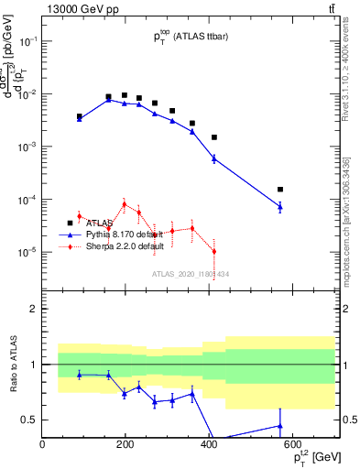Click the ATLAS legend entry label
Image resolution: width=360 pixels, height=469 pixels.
(100, 223)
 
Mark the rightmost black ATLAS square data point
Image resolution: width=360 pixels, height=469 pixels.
(280, 190)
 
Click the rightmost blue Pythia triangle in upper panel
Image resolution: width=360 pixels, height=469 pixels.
(280, 207)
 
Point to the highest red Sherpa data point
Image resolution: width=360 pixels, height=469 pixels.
(124, 204)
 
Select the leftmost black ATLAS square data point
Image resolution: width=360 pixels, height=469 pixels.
(80, 116)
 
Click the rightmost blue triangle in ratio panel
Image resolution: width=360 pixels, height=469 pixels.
(280, 426)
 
